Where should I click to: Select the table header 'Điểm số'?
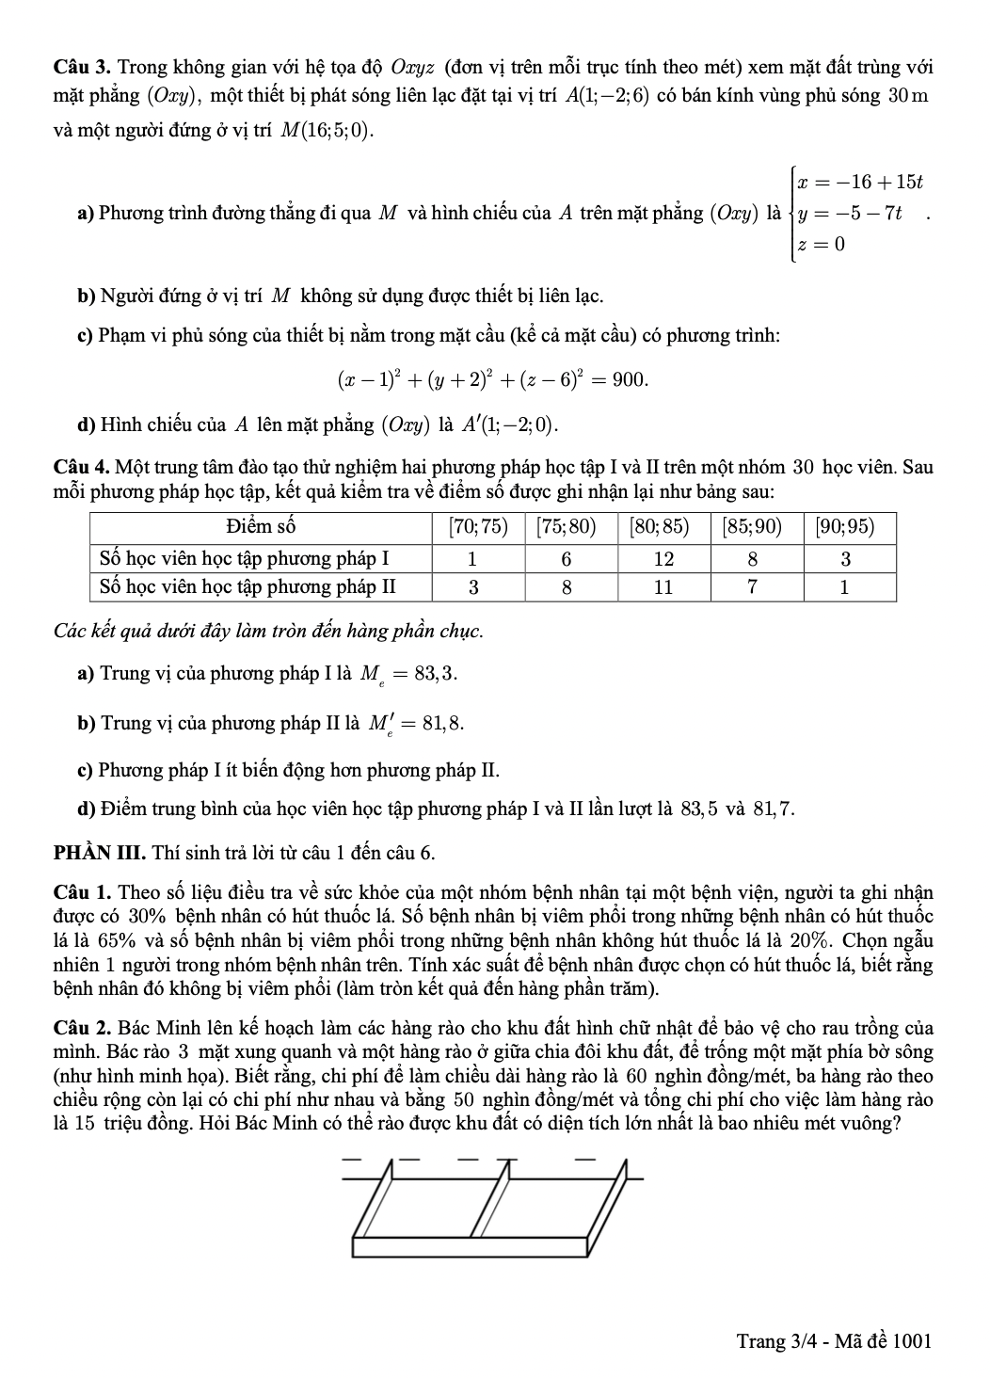(x=261, y=526)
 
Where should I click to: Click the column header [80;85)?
(x=663, y=526)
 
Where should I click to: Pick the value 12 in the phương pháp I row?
(x=663, y=558)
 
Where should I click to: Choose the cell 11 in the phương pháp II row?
(x=663, y=587)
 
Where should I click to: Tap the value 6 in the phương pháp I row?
(x=567, y=558)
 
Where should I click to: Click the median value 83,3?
(x=441, y=674)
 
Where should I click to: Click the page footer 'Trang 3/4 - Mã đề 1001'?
(x=833, y=1340)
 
